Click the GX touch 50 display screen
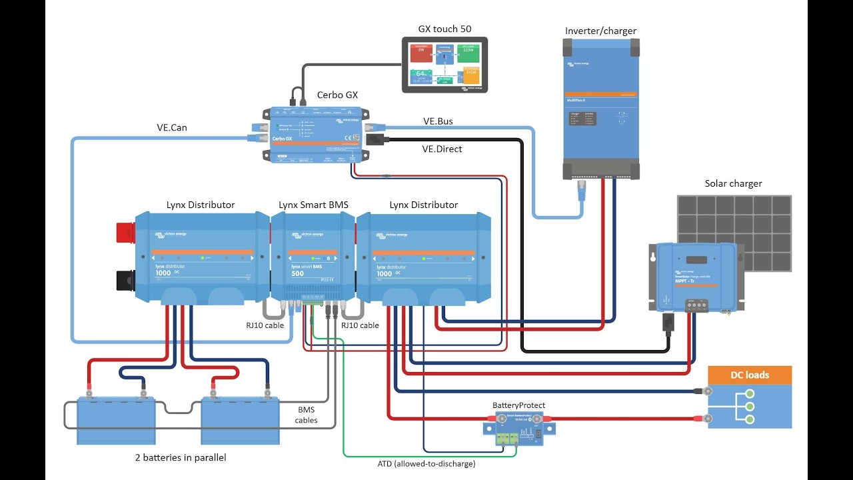(x=444, y=65)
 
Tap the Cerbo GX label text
(x=338, y=95)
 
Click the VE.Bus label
(x=437, y=121)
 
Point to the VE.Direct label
(x=442, y=149)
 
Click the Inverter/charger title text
(x=600, y=31)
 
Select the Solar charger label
(x=733, y=183)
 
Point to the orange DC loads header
(x=750, y=375)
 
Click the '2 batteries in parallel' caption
(x=181, y=458)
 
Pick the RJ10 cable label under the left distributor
(x=265, y=325)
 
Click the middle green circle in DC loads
(x=749, y=405)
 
